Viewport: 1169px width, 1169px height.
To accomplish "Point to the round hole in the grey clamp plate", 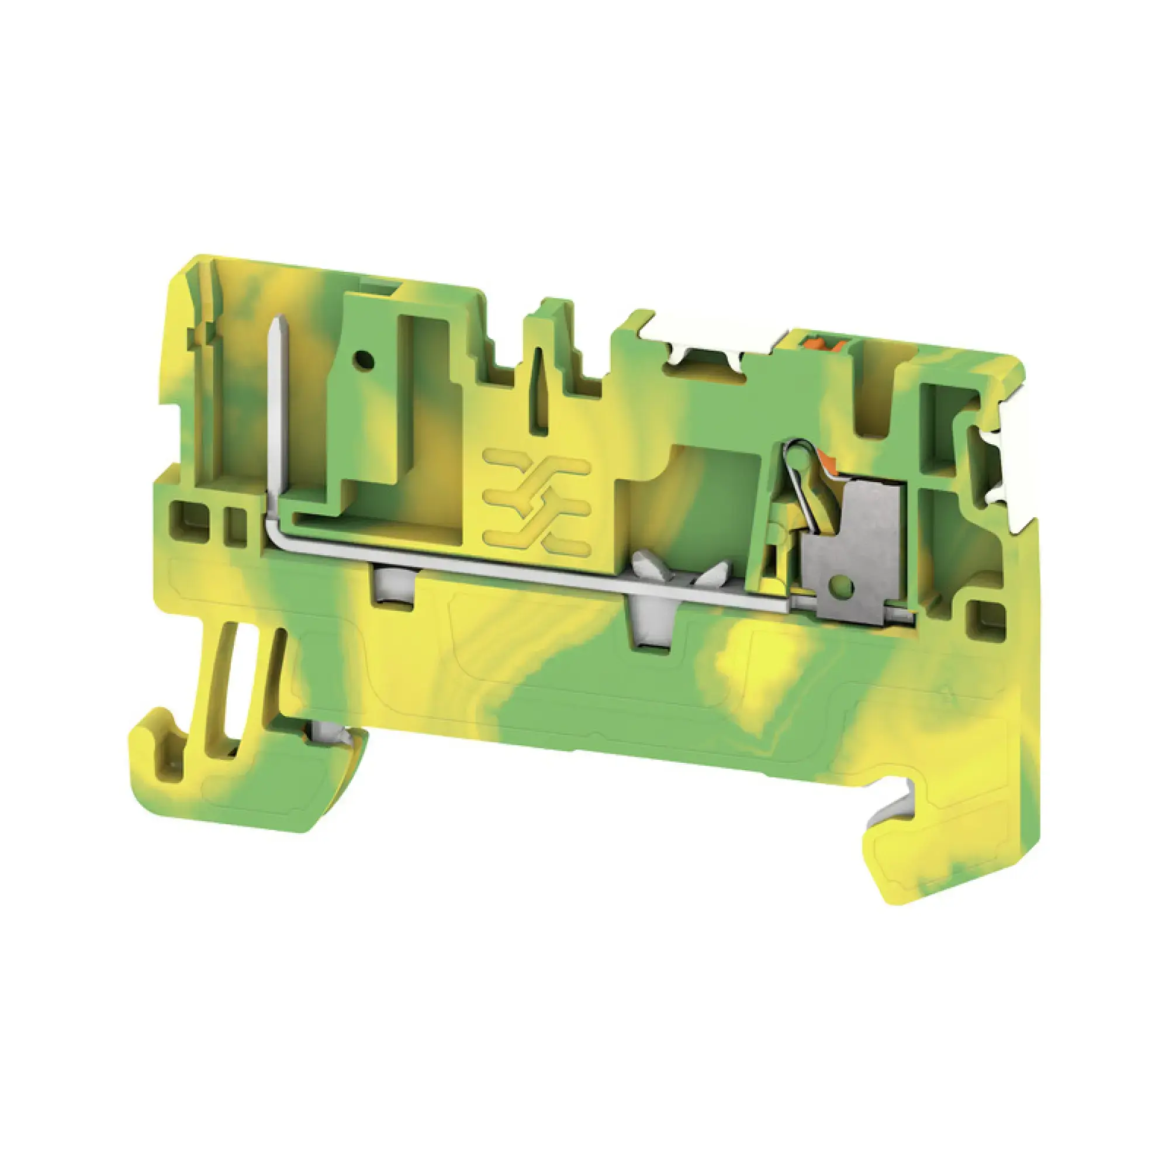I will (843, 585).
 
